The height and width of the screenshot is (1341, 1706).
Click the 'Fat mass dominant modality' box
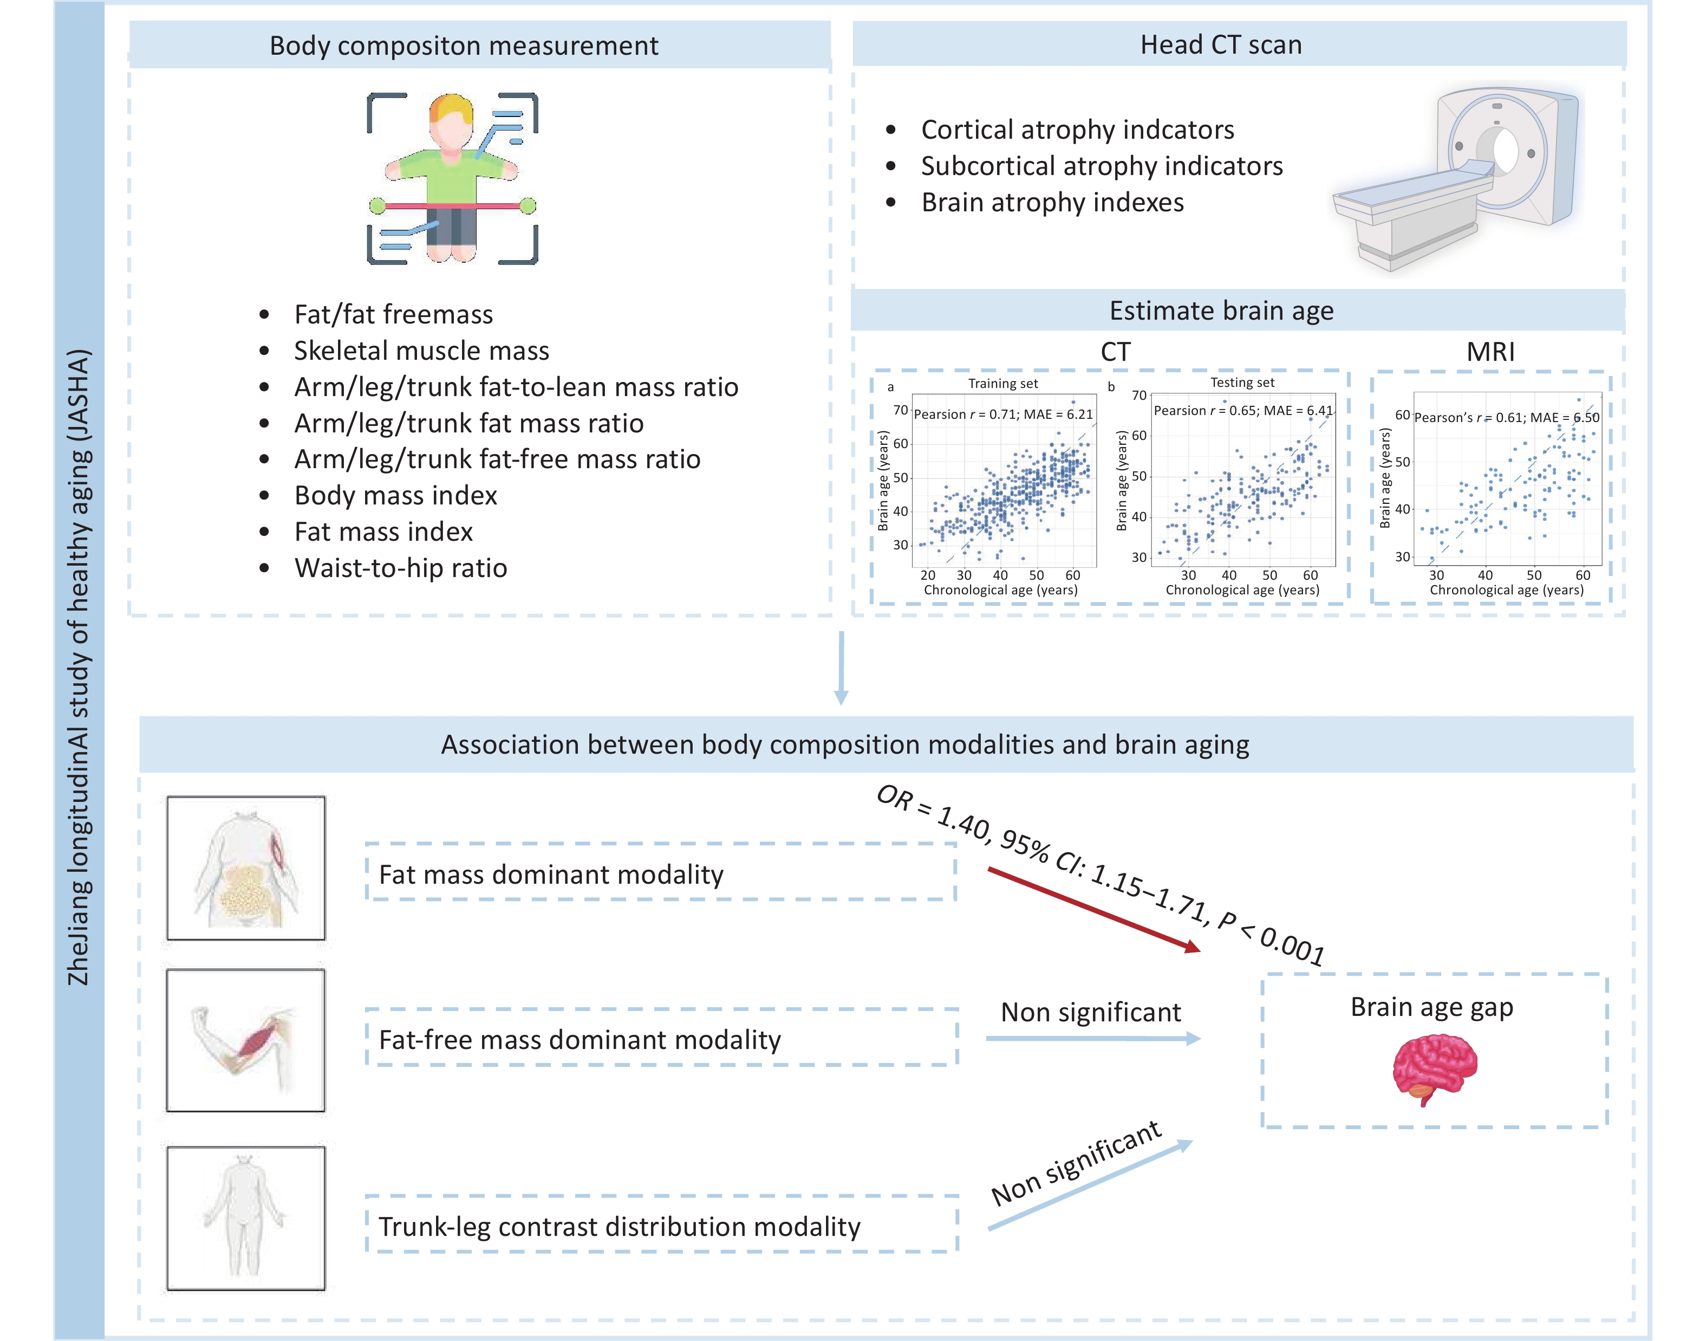coord(660,873)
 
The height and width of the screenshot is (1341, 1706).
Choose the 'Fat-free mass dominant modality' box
coord(661,1039)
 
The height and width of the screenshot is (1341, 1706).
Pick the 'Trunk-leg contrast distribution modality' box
coord(661,1226)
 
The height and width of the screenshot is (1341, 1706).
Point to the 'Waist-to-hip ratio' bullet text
coord(400,568)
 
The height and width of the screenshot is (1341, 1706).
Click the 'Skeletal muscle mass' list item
coord(421,350)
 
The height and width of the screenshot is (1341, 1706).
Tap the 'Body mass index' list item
coord(395,495)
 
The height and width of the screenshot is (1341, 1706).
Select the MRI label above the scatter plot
coord(1490,352)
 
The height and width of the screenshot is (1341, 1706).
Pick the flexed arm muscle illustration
coord(246,1040)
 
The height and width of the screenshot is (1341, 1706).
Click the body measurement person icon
coord(452,178)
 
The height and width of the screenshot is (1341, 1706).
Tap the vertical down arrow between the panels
coord(841,668)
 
